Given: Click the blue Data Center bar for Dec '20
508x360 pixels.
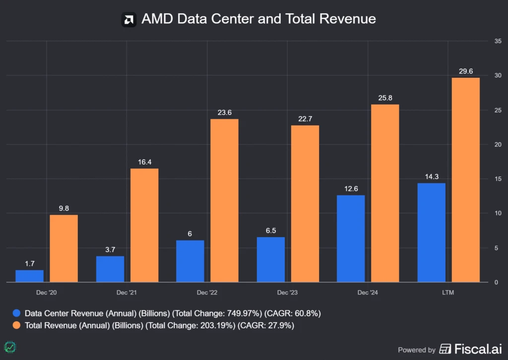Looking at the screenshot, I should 29,276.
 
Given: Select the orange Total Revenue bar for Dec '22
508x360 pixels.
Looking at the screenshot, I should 224,200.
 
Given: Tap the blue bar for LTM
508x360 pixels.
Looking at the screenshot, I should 431,233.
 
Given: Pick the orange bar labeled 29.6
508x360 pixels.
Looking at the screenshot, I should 466,180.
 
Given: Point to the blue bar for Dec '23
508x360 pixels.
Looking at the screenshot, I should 271,259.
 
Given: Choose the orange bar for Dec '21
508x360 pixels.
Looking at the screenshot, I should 144,225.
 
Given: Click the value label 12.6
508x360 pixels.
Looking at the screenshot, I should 351,188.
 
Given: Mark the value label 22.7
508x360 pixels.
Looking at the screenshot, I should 305,118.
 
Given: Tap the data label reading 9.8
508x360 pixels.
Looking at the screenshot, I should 63,208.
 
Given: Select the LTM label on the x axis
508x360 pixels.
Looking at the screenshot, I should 447,293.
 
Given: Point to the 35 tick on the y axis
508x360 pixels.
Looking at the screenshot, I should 498,41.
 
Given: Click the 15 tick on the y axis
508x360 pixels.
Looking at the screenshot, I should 498,179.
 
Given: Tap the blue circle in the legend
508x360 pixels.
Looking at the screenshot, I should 17,313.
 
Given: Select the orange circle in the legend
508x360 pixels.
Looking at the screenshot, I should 17,325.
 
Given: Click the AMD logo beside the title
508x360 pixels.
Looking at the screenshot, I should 129,20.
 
